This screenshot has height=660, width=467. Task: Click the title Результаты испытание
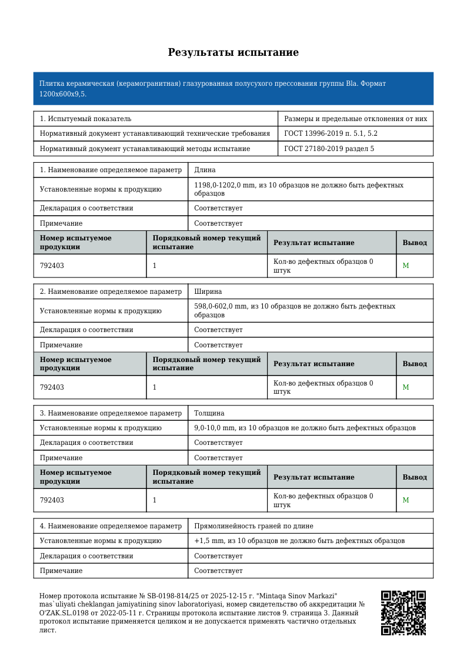233,53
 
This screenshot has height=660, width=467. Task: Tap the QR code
403,612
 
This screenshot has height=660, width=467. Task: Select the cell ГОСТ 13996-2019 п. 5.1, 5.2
331,134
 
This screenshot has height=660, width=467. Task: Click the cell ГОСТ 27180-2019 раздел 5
329,149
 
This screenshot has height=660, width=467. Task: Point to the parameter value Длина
205,170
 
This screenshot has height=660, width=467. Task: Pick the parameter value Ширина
208,292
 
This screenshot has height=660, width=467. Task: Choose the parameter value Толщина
209,413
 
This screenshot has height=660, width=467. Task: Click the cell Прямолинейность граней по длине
253,526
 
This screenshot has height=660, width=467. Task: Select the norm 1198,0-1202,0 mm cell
298,189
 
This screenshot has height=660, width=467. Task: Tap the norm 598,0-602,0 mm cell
294,310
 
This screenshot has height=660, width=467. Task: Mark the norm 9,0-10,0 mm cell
305,428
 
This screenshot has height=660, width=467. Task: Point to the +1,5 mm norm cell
299,541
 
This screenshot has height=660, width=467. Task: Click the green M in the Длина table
405,266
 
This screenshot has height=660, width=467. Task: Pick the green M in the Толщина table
405,501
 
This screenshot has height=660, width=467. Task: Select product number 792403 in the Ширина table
52,388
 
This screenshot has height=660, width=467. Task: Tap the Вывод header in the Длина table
415,243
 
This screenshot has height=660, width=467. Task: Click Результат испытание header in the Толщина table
313,477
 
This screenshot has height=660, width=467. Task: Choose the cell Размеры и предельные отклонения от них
355,119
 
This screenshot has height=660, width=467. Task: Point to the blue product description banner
233,89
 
